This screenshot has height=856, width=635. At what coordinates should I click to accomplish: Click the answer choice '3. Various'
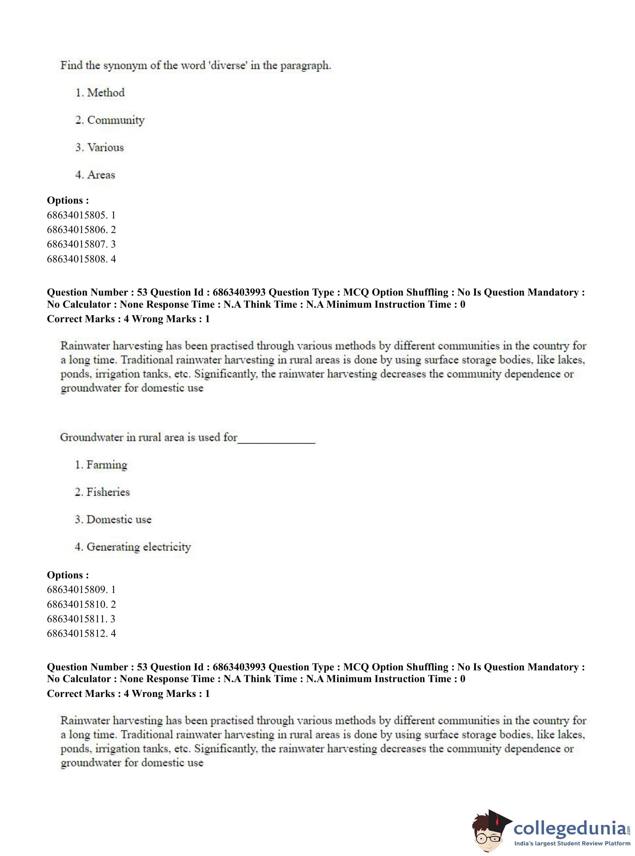pos(100,148)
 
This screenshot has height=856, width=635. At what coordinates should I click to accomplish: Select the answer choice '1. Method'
pos(100,93)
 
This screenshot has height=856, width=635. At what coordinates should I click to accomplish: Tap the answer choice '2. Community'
pos(110,120)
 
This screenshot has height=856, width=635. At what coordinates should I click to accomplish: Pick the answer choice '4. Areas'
pos(95,175)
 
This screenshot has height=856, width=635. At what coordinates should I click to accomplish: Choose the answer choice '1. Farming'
pos(101,465)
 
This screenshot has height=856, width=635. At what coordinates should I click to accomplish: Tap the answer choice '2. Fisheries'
pos(102,492)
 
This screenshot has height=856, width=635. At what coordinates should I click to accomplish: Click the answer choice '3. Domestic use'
pos(113,519)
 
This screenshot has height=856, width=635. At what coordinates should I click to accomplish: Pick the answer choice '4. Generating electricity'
pos(132,547)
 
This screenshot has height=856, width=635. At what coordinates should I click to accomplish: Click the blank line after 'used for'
pos(276,438)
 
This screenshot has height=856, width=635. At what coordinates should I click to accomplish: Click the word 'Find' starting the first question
pos(72,65)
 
